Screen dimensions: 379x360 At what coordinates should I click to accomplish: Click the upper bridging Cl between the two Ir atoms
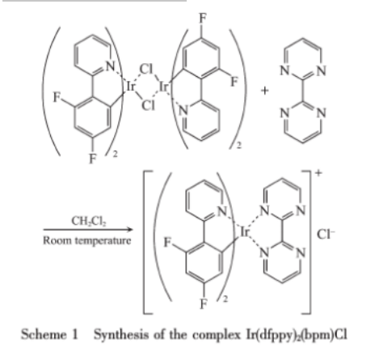(146, 70)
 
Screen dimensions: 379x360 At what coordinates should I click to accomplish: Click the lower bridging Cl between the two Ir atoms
(148, 105)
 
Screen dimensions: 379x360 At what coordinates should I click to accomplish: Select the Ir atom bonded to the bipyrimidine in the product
(244, 232)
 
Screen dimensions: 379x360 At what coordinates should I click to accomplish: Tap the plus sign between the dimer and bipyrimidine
(264, 91)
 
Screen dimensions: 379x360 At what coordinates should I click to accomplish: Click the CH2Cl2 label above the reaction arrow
(89, 221)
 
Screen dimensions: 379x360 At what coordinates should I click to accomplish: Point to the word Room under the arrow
(57, 240)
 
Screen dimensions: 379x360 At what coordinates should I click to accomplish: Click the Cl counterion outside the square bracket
(326, 234)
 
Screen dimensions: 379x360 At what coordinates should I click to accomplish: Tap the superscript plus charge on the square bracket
(318, 172)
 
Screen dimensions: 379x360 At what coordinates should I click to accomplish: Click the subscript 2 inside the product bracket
(225, 299)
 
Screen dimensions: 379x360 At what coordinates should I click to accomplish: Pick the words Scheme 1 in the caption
(49, 335)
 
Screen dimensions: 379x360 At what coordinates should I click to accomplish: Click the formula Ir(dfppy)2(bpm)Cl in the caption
(297, 335)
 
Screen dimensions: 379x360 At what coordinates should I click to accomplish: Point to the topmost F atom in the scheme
(203, 19)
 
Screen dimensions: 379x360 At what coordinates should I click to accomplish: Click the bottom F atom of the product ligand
(204, 303)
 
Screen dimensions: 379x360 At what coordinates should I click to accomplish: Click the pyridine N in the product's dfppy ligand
(222, 211)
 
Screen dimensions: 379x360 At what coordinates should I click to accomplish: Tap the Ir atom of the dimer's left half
(130, 87)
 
